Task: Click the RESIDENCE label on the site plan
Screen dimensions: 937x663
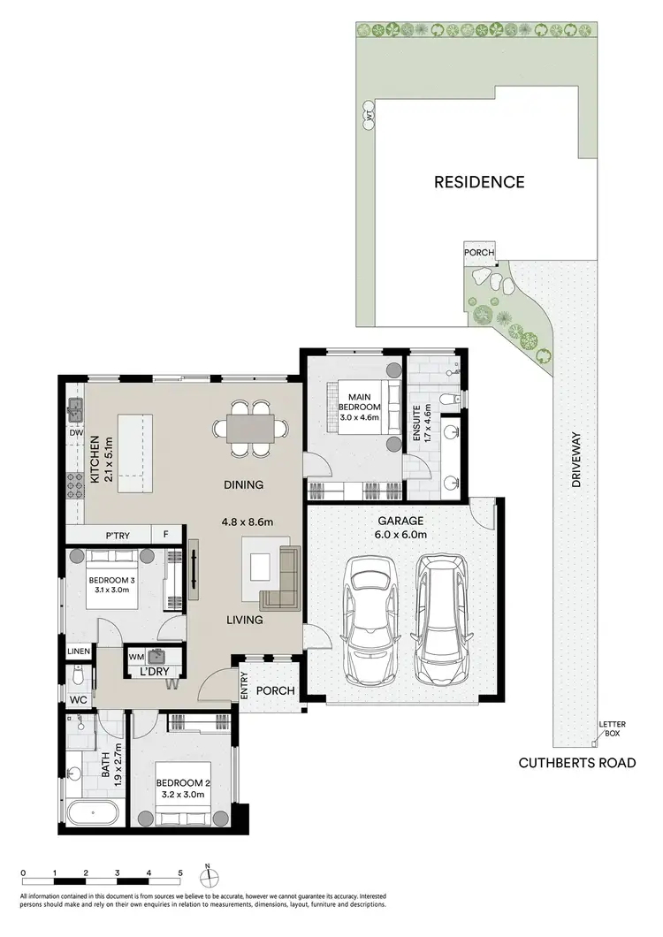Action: (478, 182)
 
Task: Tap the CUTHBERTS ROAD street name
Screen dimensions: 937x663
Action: (576, 762)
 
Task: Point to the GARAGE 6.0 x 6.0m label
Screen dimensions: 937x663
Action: (403, 528)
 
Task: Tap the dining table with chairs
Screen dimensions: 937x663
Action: (249, 429)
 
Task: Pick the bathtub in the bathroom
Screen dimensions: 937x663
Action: (92, 812)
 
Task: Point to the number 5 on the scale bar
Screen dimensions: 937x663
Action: (180, 872)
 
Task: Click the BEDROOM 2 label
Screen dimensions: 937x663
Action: (180, 788)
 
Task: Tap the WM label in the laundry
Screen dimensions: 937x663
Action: (136, 657)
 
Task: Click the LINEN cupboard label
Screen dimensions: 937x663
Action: (79, 651)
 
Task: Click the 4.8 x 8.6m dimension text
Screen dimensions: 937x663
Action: (247, 522)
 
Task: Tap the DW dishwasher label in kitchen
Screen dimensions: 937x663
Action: (76, 434)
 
